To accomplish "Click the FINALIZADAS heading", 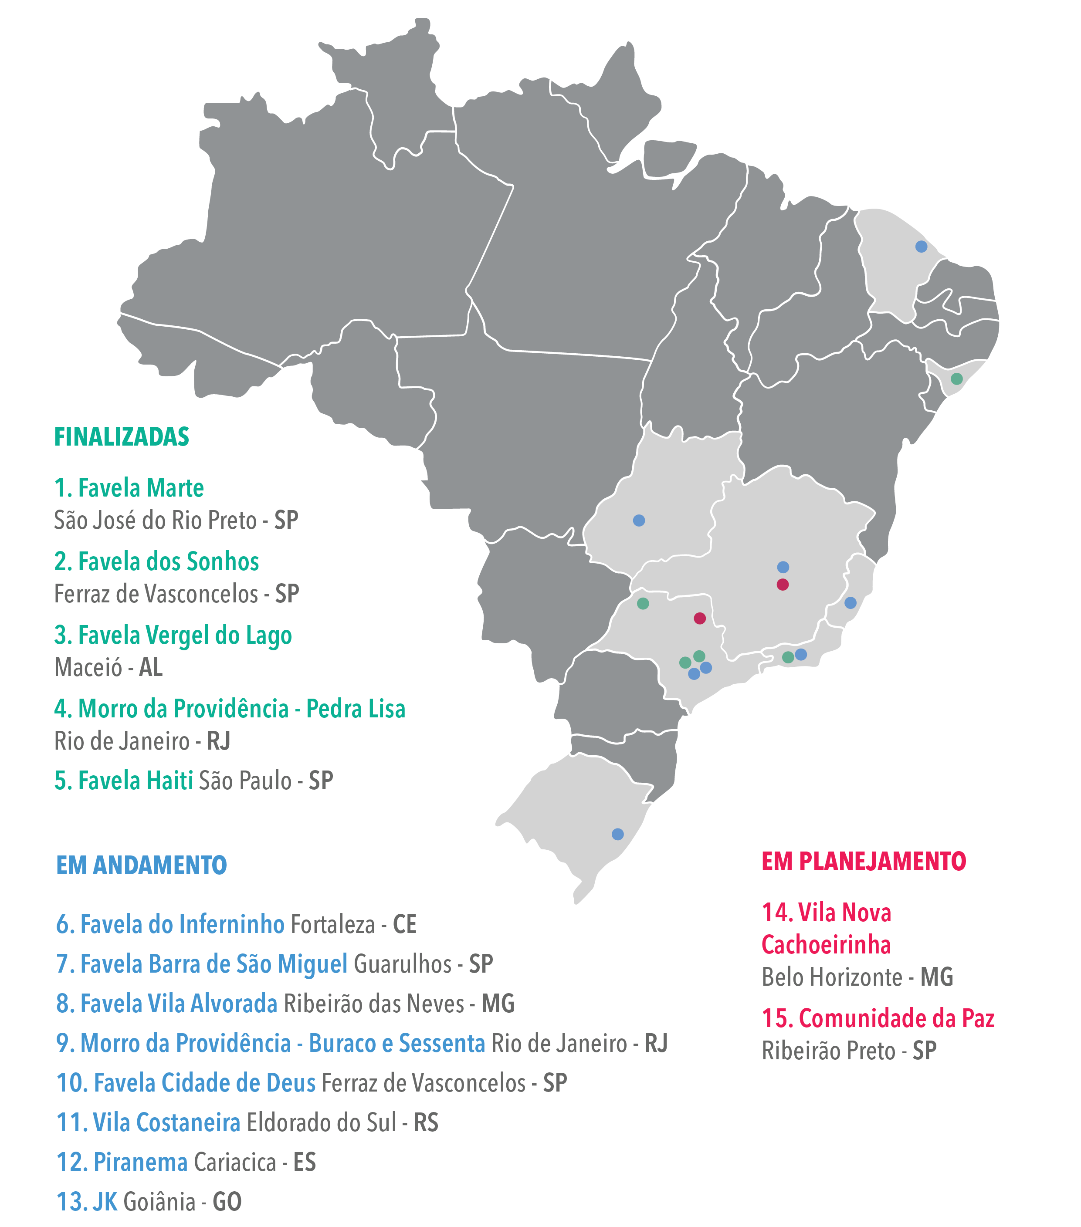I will point(122,437).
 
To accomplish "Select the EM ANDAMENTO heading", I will point(141,865).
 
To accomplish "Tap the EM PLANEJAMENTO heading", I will point(864,862).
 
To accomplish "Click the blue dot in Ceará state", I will point(921,247).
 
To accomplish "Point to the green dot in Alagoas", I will point(957,379).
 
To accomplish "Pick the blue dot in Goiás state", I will point(639,521).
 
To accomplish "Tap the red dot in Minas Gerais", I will point(783,585).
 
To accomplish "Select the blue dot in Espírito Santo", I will point(851,603).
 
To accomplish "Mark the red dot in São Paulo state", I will point(700,619).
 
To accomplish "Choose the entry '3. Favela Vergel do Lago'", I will point(173,635).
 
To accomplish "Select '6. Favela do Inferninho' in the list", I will point(170,924).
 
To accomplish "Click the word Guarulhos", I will point(402,964).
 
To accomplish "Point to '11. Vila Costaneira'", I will point(148,1122).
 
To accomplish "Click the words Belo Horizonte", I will point(832,977).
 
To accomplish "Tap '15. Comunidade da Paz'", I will point(878,1019).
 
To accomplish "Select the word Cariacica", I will point(235,1162).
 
